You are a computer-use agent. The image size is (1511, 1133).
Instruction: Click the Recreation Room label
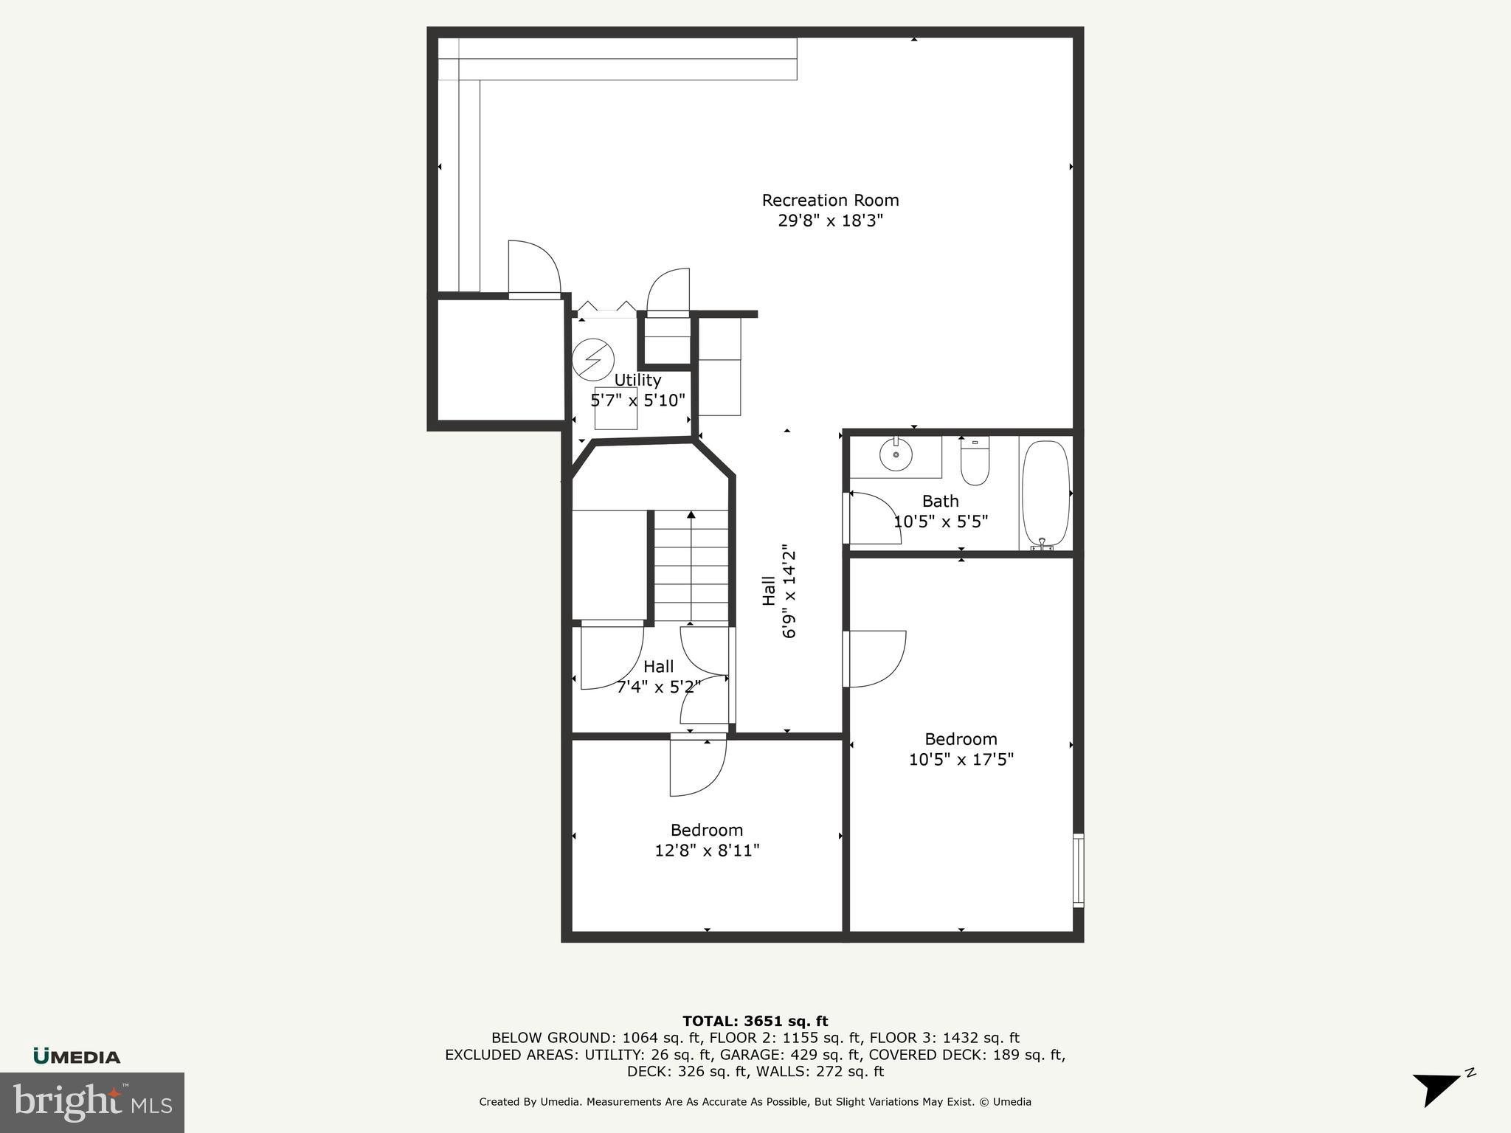pyautogui.click(x=830, y=200)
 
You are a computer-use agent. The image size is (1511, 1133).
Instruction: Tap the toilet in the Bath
pyautogui.click(x=975, y=462)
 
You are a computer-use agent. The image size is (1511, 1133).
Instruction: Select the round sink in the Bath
pyautogui.click(x=896, y=455)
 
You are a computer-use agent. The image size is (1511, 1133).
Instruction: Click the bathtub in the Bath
pyautogui.click(x=1045, y=493)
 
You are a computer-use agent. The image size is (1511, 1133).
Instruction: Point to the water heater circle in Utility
pyautogui.click(x=593, y=358)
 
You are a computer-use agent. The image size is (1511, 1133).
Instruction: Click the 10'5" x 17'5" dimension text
pyautogui.click(x=961, y=760)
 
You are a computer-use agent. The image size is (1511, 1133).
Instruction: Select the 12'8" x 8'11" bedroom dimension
pyautogui.click(x=707, y=850)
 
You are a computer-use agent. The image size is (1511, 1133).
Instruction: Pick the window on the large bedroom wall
pyautogui.click(x=1078, y=870)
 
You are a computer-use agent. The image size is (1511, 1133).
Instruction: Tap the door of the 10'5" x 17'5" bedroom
pyautogui.click(x=876, y=658)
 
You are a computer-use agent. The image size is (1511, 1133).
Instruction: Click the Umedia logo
pyautogui.click(x=77, y=1056)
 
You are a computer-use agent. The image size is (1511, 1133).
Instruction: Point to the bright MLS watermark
pyautogui.click(x=92, y=1102)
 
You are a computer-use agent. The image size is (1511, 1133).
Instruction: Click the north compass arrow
pyautogui.click(x=1437, y=1088)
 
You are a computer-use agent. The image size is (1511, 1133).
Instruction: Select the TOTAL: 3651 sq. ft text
pyautogui.click(x=755, y=1021)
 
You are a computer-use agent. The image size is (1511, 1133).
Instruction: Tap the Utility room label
pyautogui.click(x=637, y=380)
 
